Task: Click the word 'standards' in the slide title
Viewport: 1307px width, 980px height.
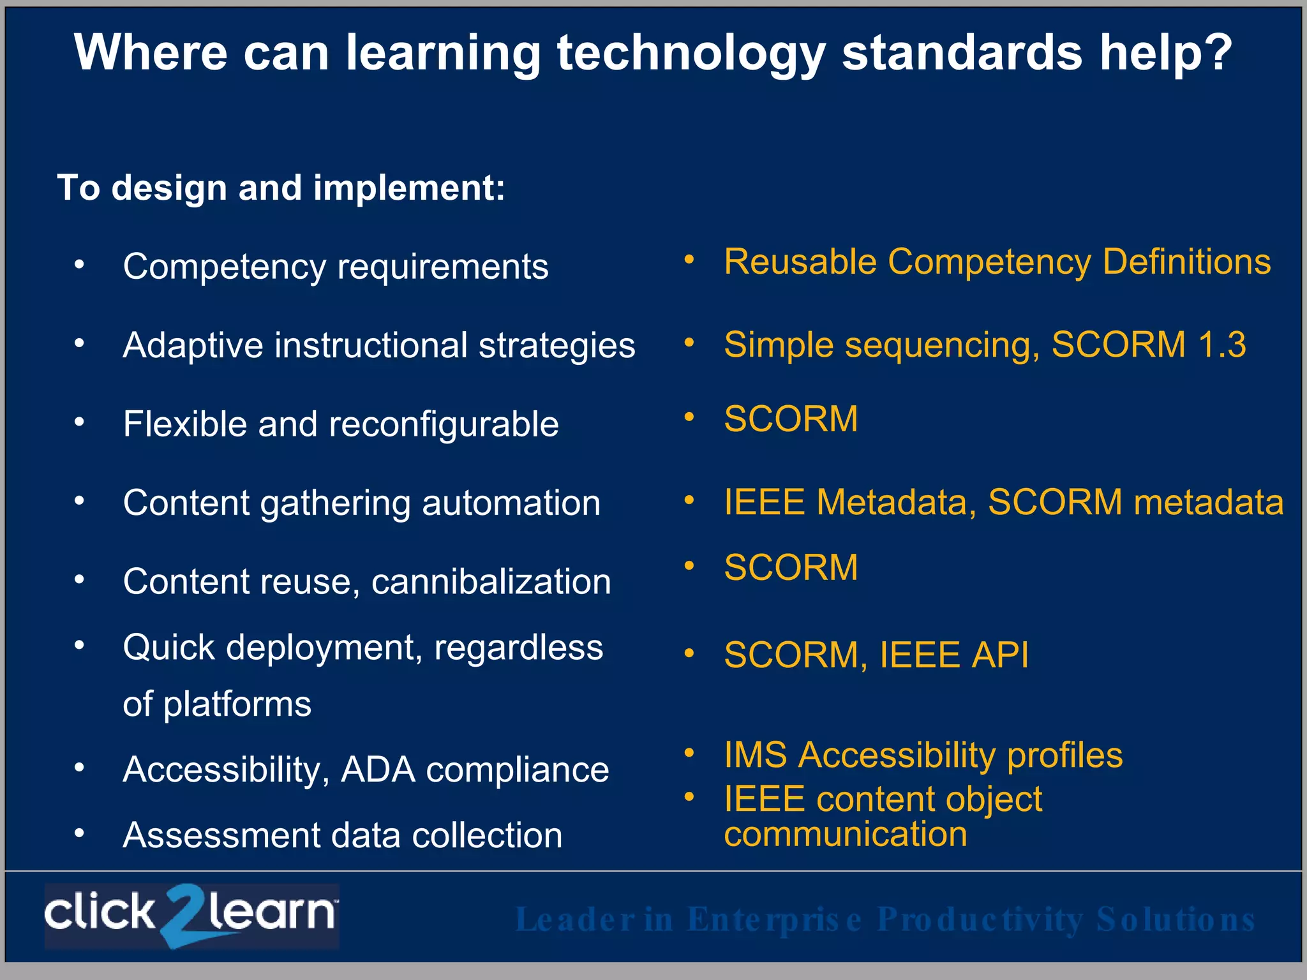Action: point(962,52)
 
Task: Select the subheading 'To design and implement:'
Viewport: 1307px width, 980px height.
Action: point(281,188)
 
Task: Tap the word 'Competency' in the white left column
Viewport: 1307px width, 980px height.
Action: point(225,267)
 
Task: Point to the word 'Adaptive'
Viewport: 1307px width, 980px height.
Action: point(193,345)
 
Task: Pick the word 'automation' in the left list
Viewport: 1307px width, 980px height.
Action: point(511,503)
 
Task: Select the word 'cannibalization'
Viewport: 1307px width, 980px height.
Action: point(491,581)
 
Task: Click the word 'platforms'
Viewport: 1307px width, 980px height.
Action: point(237,704)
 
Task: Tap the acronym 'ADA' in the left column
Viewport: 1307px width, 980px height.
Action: point(378,769)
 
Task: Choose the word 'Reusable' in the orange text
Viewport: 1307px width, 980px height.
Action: point(800,262)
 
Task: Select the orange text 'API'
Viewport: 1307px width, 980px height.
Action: point(999,655)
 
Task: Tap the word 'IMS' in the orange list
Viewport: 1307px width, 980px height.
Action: point(756,755)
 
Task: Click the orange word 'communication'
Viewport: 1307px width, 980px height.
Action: point(845,835)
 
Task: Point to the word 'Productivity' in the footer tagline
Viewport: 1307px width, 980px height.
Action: point(980,919)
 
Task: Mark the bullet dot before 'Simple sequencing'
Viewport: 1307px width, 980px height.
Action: point(689,343)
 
